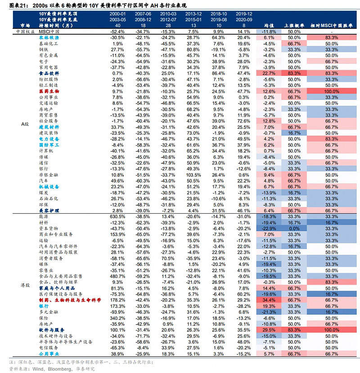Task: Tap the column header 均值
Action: (x=269, y=26)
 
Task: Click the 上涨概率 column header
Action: (x=294, y=26)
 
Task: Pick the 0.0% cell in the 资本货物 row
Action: (x=294, y=228)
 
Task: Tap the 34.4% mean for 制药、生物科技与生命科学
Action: (x=269, y=299)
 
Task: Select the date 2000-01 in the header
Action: (x=117, y=14)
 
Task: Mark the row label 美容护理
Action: (x=48, y=210)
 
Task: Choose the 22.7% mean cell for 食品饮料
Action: (x=269, y=73)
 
